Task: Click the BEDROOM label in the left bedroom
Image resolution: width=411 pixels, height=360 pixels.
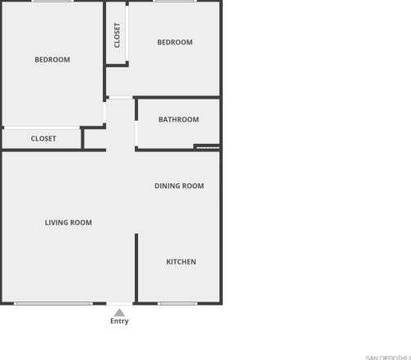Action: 52,59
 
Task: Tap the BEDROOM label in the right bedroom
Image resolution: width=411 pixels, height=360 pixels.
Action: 174,42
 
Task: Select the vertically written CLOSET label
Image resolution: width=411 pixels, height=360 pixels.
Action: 118,35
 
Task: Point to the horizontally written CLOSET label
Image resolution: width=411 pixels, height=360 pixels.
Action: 44,139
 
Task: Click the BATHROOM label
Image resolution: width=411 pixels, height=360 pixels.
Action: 178,119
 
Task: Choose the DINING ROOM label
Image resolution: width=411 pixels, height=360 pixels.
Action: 178,186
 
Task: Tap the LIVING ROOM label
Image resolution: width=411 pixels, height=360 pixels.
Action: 68,222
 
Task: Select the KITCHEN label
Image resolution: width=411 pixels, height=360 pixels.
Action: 181,262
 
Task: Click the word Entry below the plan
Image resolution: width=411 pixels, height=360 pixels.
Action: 119,321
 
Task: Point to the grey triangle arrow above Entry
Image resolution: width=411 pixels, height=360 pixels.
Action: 119,312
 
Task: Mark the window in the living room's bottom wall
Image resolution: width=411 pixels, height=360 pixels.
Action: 53,303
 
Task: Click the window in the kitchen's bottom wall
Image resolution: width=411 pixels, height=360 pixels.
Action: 178,303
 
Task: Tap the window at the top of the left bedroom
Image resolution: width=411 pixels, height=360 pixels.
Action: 53,2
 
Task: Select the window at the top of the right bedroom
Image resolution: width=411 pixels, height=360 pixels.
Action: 174,2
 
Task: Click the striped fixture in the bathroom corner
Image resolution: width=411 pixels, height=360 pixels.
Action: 207,148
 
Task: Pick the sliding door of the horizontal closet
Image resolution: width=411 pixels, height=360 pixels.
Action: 43,127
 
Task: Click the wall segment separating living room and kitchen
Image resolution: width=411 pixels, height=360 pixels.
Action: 136,267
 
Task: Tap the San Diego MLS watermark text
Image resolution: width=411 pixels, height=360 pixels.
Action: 388,357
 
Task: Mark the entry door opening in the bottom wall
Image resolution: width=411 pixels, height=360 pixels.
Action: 119,303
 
